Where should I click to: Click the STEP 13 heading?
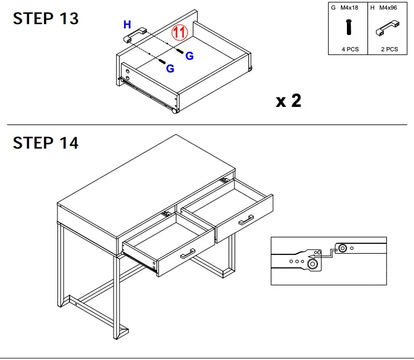click(x=46, y=19)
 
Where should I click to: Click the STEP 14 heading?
click(x=46, y=143)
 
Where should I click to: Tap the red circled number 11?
click(x=180, y=33)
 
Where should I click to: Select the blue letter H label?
click(x=127, y=25)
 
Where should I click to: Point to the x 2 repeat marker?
click(x=288, y=101)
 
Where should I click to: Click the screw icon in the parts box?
click(x=349, y=27)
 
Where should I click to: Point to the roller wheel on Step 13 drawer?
click(x=175, y=111)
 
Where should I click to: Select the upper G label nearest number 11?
click(x=189, y=56)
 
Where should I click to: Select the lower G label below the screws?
click(x=170, y=69)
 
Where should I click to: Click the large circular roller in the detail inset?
click(x=312, y=263)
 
